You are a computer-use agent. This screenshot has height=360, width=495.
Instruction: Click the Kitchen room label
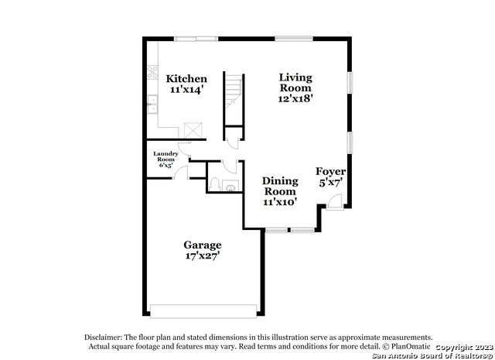click(x=186, y=79)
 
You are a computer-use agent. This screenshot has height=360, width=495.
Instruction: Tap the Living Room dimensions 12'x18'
click(x=295, y=98)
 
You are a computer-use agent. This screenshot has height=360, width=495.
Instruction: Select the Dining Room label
click(x=280, y=186)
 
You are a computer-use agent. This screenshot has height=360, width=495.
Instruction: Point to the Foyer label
click(x=330, y=172)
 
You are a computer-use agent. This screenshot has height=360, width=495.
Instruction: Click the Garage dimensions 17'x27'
click(x=203, y=255)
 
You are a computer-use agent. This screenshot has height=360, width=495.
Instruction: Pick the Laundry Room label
click(x=166, y=156)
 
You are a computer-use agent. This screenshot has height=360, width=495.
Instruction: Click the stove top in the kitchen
click(x=152, y=72)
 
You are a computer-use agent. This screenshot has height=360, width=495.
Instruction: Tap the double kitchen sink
click(x=152, y=104)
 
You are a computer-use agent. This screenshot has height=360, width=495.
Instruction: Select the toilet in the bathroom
click(x=215, y=184)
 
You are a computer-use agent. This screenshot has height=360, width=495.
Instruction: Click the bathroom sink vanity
click(x=230, y=186)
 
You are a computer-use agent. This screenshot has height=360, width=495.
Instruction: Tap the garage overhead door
click(x=203, y=311)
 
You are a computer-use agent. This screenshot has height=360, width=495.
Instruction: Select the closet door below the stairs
click(x=233, y=144)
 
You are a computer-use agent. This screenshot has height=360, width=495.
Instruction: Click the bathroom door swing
click(x=230, y=166)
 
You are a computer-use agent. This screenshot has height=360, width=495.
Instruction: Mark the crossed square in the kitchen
click(x=193, y=130)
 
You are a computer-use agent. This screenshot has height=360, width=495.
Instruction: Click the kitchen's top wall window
click(x=196, y=39)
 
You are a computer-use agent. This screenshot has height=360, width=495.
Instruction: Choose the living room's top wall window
click(x=294, y=39)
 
